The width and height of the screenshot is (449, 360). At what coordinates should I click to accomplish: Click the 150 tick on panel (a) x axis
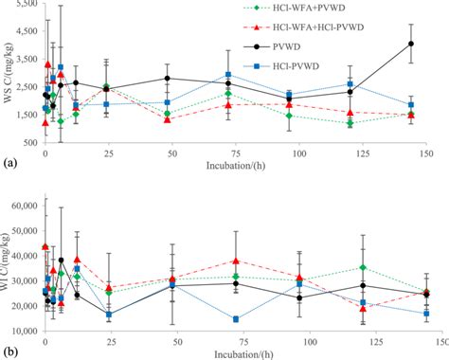pyautogui.click(x=424, y=154)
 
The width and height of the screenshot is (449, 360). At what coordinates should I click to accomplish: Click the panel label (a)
pyautogui.click(x=9, y=163)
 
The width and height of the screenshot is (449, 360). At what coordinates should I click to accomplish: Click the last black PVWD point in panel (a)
pyautogui.click(x=410, y=44)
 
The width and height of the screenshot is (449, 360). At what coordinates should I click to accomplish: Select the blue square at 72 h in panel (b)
pyautogui.click(x=235, y=319)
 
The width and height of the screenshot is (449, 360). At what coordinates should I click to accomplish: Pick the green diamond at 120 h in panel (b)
pyautogui.click(x=363, y=267)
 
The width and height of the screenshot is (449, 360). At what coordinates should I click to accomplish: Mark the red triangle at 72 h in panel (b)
pyautogui.click(x=235, y=261)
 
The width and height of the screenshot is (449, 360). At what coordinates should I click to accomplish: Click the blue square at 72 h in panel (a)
pyautogui.click(x=228, y=75)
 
